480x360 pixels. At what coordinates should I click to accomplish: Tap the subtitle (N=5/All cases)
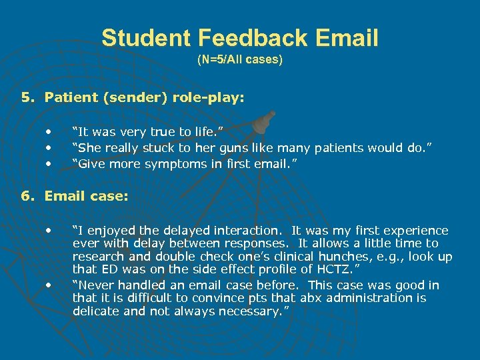click(x=240, y=59)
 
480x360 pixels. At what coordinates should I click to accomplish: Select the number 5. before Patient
click(x=27, y=98)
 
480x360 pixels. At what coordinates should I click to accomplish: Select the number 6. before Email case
click(x=27, y=196)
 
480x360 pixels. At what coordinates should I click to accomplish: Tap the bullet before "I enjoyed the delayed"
click(x=49, y=231)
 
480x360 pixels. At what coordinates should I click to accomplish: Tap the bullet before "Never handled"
click(x=49, y=285)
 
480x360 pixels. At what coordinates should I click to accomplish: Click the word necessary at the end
click(x=252, y=311)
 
